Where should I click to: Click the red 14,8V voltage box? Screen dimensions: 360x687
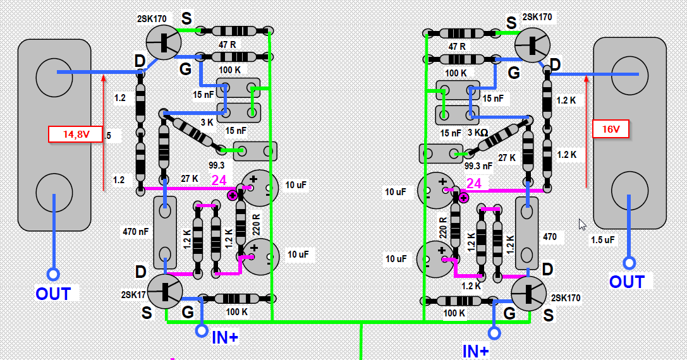point(75,134)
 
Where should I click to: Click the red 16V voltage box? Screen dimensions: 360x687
point(610,129)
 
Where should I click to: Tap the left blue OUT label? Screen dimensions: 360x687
point(53,294)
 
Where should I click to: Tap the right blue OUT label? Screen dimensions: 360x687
point(626,282)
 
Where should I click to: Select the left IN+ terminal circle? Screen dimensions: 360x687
point(202,330)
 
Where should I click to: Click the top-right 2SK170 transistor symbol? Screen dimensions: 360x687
point(532,45)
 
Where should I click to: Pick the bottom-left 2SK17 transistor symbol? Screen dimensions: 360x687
point(165,291)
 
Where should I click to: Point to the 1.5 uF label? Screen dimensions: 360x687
point(602,240)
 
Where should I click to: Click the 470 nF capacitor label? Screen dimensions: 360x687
point(136,232)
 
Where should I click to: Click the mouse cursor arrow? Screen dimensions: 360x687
point(582,224)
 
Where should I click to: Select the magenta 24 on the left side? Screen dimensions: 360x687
point(219,181)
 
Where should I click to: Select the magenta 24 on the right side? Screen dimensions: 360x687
point(473,184)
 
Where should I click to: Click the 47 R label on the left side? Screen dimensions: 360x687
point(227,45)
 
